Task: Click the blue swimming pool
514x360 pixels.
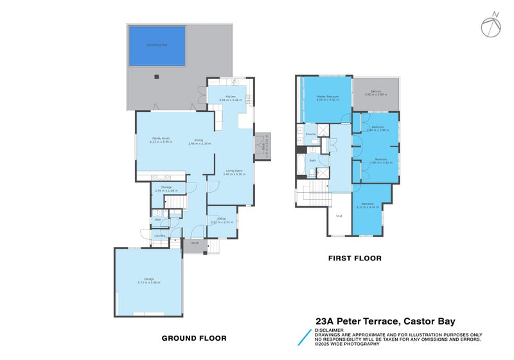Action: click(x=157, y=46)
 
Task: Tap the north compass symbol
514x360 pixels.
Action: click(x=490, y=25)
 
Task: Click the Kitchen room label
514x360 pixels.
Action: click(x=230, y=98)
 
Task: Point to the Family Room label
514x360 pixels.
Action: click(x=161, y=139)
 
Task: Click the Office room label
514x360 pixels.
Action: click(x=222, y=220)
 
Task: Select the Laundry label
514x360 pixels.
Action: click(x=159, y=236)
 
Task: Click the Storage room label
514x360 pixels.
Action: click(x=166, y=188)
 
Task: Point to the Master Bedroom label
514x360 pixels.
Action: click(x=327, y=97)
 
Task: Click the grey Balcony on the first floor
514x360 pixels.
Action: click(x=376, y=93)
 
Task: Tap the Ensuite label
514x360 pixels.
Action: click(x=310, y=134)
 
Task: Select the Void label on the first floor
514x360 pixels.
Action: click(x=339, y=216)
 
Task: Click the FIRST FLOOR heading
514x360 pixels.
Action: click(x=355, y=258)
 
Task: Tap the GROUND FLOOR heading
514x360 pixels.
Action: click(x=193, y=338)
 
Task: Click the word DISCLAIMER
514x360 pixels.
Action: click(x=328, y=330)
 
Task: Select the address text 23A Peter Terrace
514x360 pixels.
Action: click(x=357, y=321)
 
